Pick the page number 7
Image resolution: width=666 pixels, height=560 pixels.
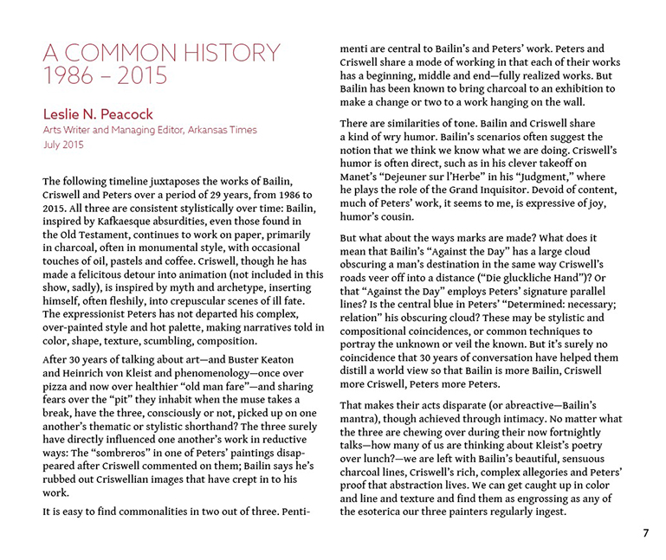point(645,533)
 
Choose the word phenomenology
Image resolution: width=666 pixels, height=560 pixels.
point(206,372)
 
